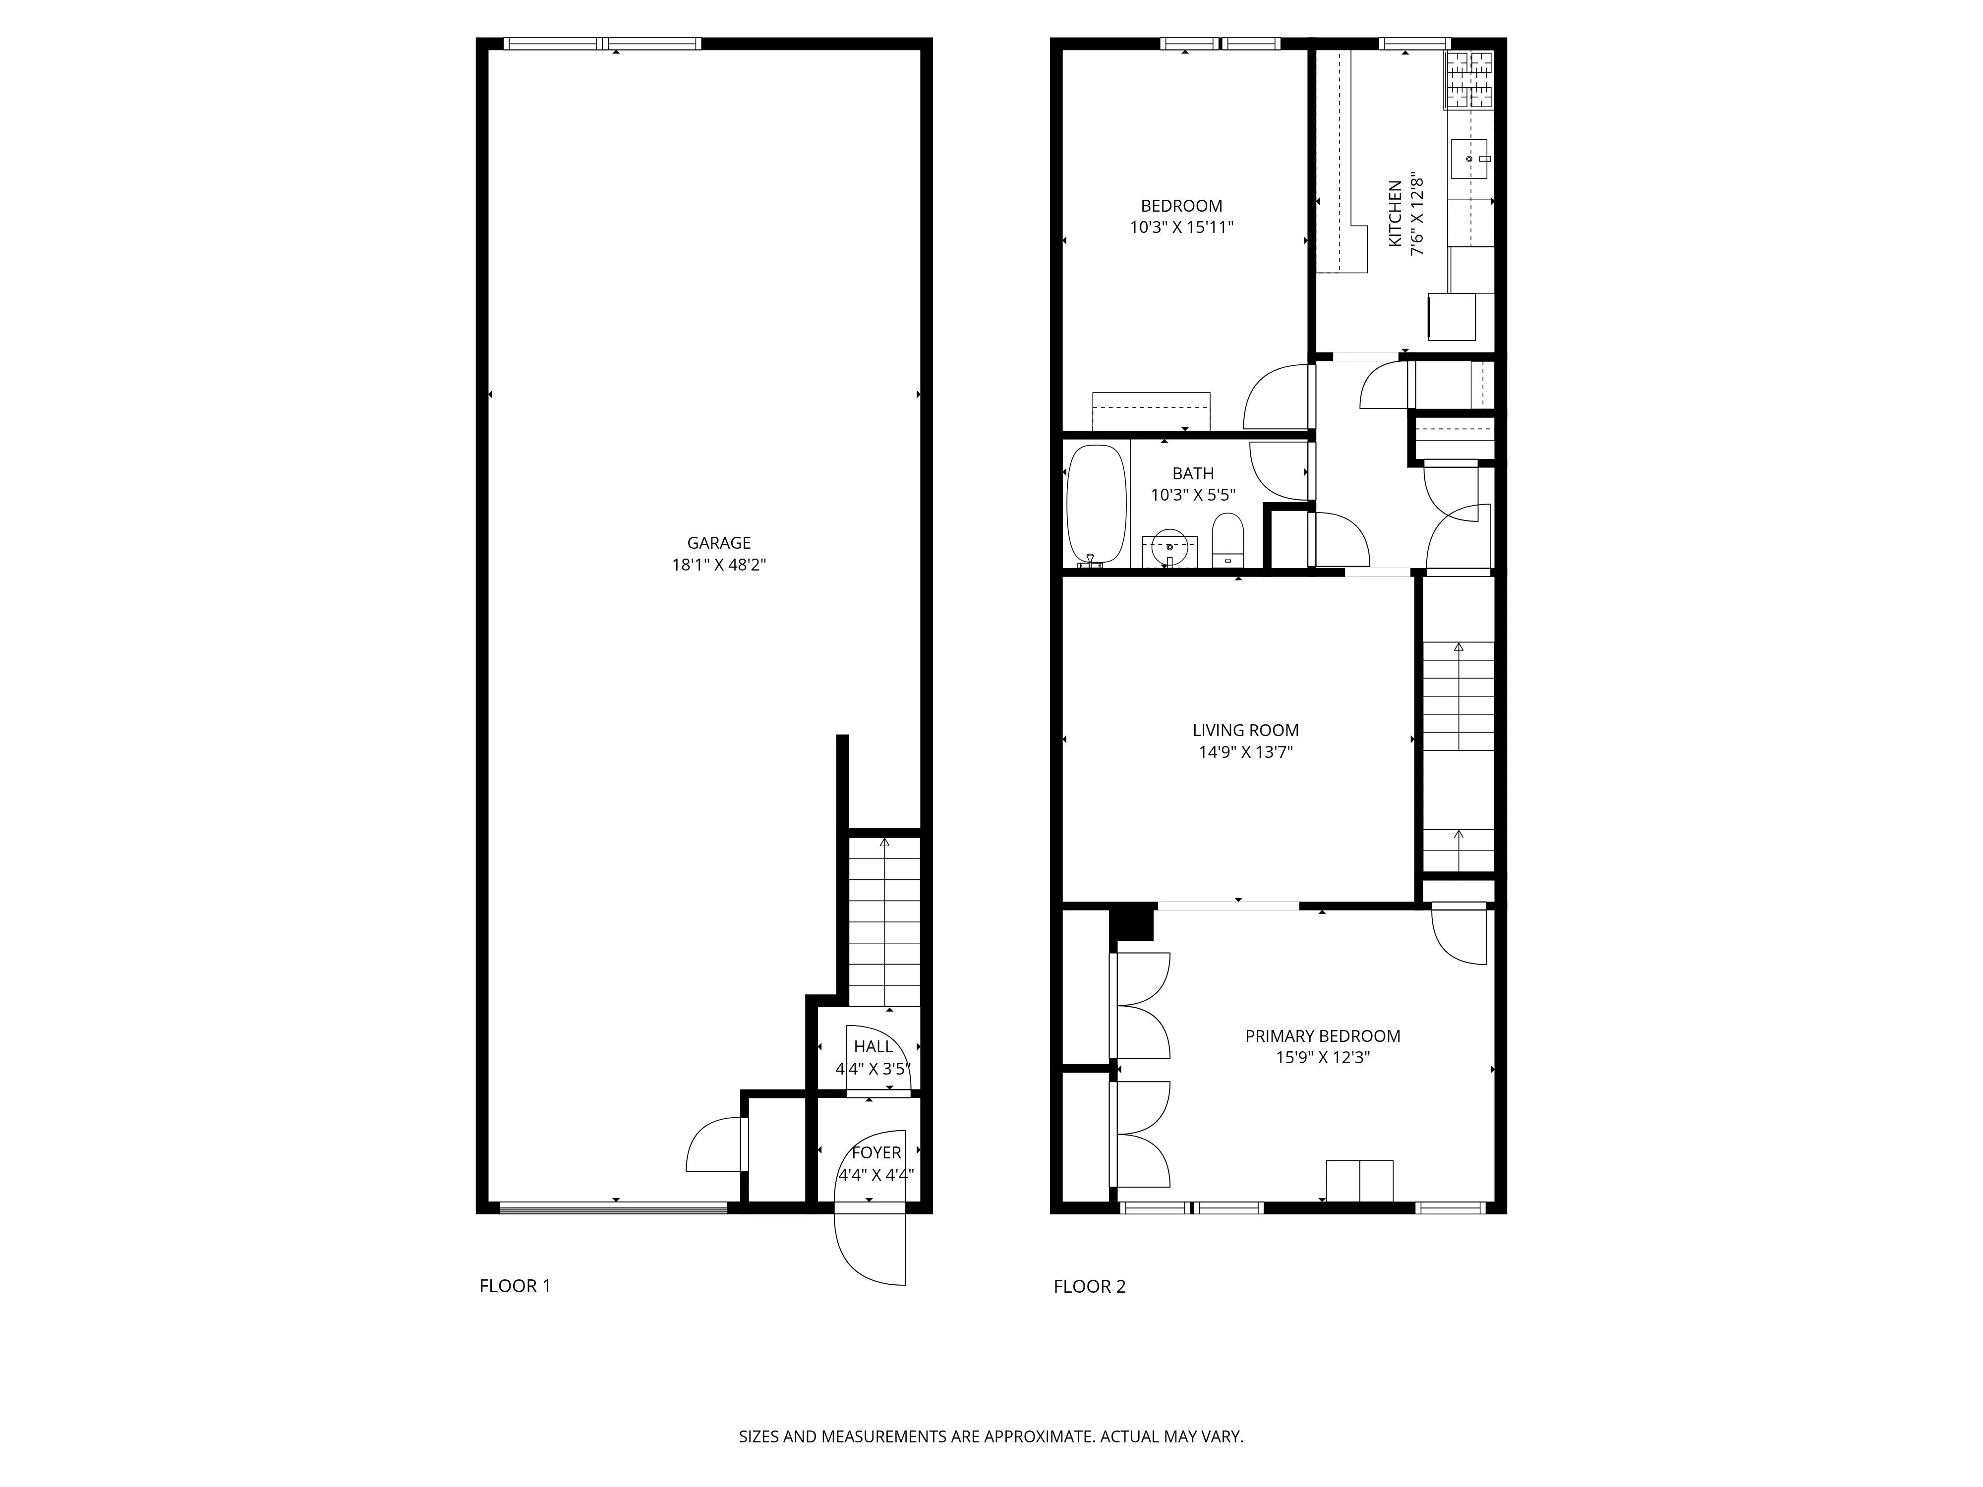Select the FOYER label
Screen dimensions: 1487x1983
pyautogui.click(x=876, y=1152)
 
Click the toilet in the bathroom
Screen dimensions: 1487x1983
pyautogui.click(x=1227, y=540)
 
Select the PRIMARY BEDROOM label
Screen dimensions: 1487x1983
pyautogui.click(x=1322, y=1036)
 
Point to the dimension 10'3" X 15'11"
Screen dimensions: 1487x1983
pyautogui.click(x=1181, y=228)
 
